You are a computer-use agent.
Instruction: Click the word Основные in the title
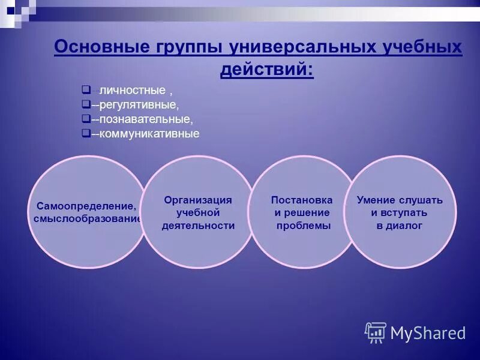pyautogui.click(x=97, y=47)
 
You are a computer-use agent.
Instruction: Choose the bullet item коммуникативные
pyautogui.click(x=149, y=134)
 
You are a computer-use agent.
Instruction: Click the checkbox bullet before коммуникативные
pyautogui.click(x=85, y=133)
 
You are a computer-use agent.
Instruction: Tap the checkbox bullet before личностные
pyautogui.click(x=85, y=90)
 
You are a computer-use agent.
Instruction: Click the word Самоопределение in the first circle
pyautogui.click(x=82, y=206)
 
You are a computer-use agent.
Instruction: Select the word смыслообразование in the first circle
pyautogui.click(x=88, y=218)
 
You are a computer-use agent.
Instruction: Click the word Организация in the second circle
pyautogui.click(x=198, y=200)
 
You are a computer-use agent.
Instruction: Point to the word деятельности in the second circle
pyautogui.click(x=198, y=226)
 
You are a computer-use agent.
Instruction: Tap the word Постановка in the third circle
pyautogui.click(x=302, y=200)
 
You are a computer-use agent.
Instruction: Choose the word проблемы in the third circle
pyautogui.click(x=304, y=226)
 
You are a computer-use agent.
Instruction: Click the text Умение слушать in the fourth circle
pyautogui.click(x=400, y=200)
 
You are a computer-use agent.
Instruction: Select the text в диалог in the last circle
pyautogui.click(x=400, y=226)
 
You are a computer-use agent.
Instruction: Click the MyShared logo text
pyautogui.click(x=427, y=333)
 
